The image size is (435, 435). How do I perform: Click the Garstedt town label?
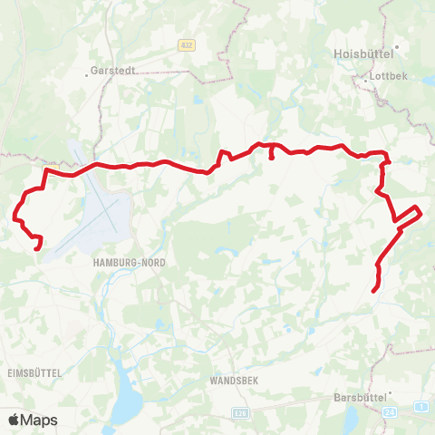pyautogui.click(x=114, y=69)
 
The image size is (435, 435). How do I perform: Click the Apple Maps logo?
pyautogui.click(x=32, y=420)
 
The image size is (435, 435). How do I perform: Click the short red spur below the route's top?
pyautogui.click(x=273, y=157)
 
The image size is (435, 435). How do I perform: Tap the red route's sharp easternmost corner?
pyautogui.click(x=421, y=213)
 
